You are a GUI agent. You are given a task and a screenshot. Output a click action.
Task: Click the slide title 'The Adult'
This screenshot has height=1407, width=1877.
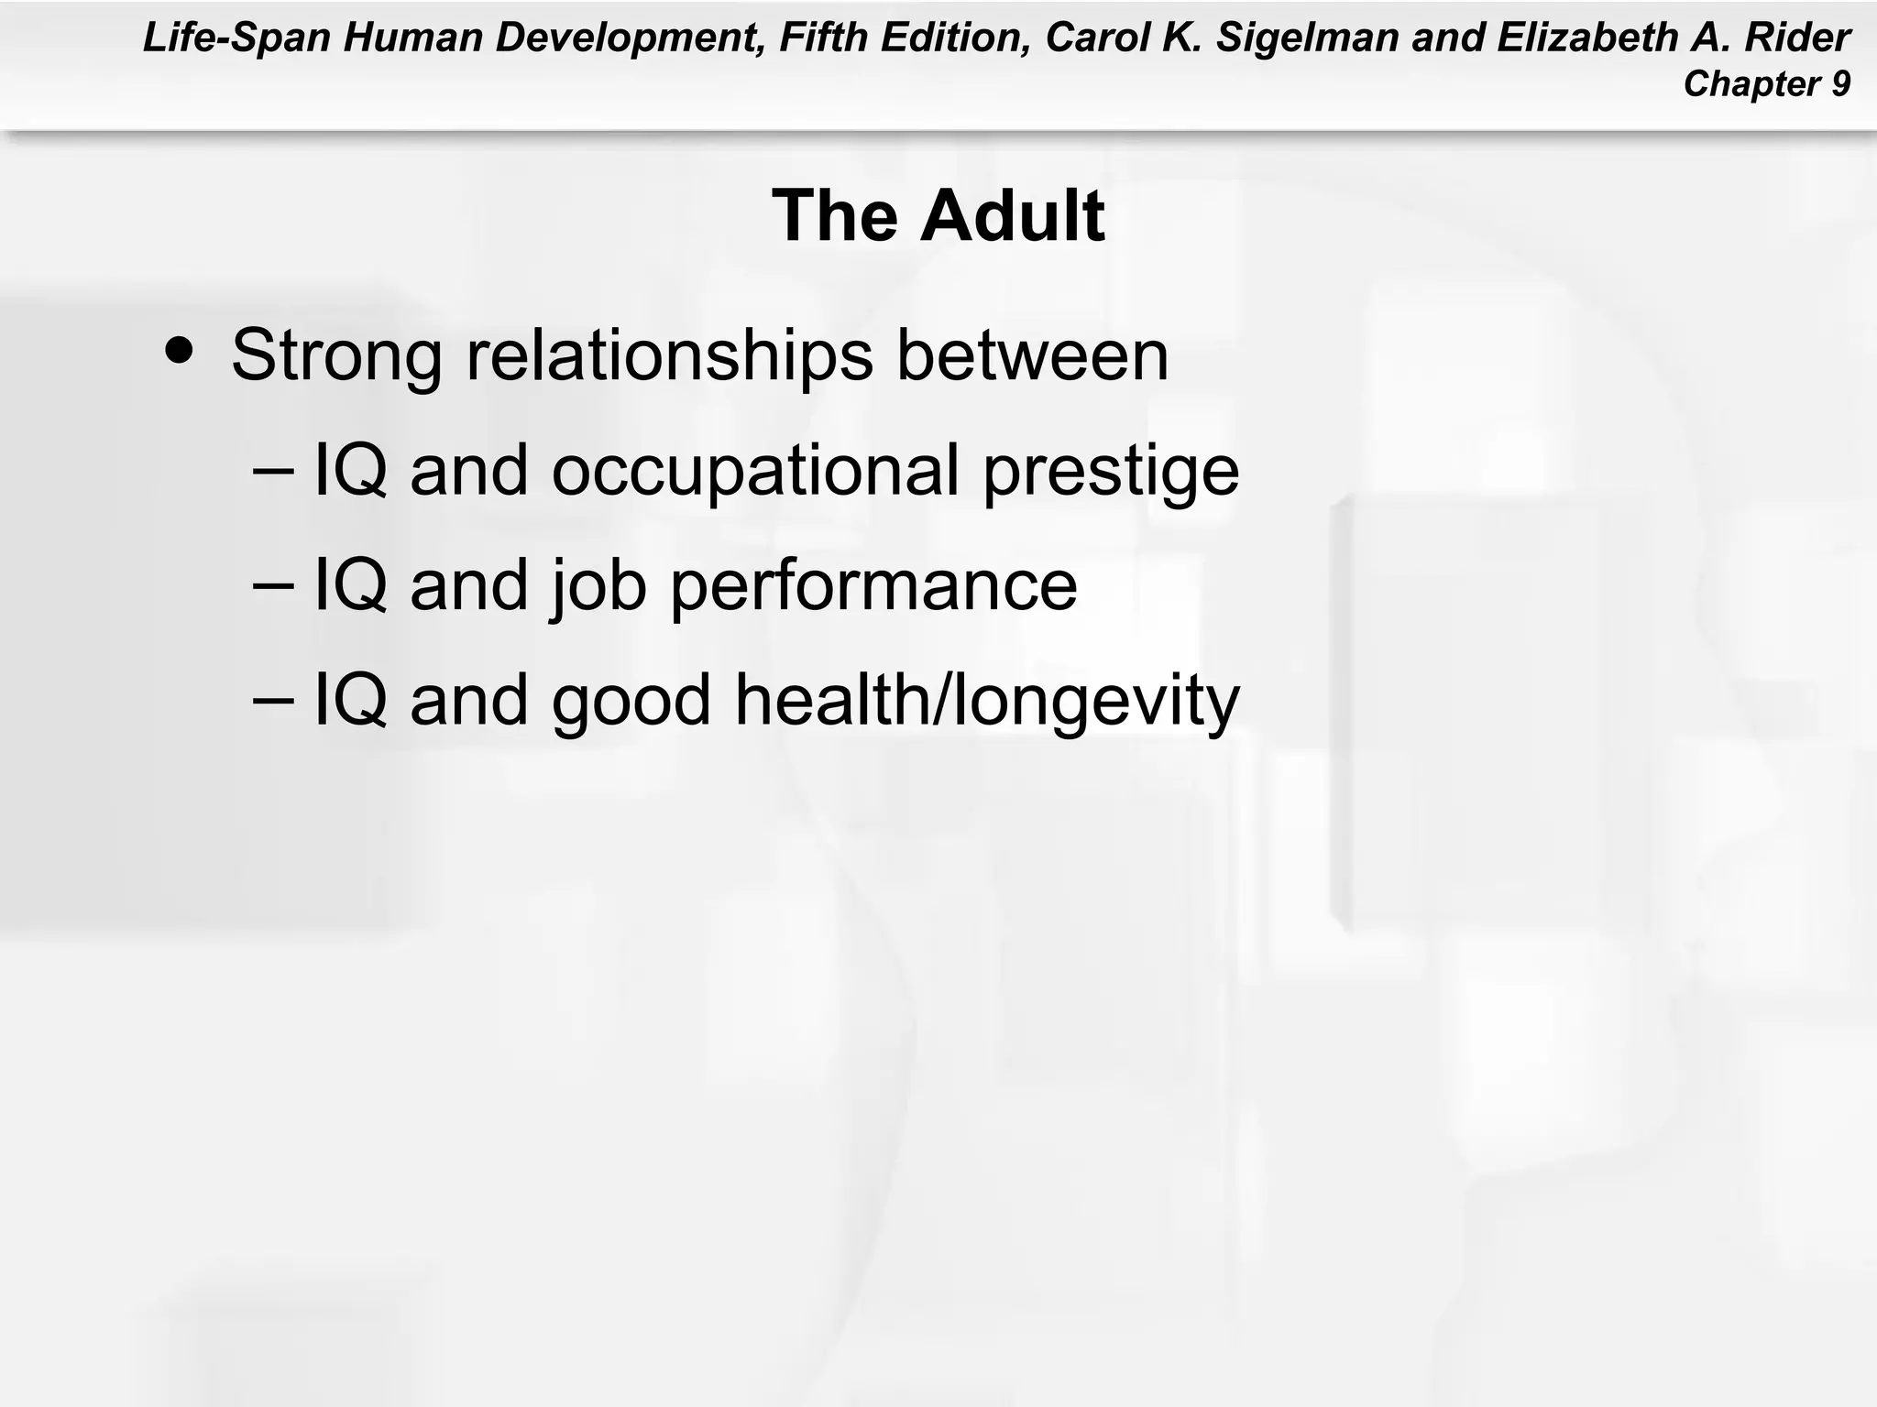pos(938,216)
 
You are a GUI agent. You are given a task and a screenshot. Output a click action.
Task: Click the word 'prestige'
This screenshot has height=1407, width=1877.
pos(1110,471)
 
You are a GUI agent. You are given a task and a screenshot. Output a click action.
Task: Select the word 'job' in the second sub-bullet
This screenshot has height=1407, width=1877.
pos(598,586)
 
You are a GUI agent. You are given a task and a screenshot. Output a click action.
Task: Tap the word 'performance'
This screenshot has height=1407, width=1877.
pos(873,586)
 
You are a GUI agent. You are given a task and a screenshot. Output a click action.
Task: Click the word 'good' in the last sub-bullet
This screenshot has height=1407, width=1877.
pos(631,701)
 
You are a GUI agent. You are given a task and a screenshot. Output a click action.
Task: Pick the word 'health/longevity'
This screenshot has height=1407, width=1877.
pos(986,701)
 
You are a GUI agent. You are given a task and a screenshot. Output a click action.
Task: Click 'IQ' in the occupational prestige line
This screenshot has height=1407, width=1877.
pos(350,471)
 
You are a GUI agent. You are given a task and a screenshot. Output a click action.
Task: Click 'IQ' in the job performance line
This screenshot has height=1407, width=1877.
pos(350,586)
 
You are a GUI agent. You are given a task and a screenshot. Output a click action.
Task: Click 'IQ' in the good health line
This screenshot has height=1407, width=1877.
pos(350,701)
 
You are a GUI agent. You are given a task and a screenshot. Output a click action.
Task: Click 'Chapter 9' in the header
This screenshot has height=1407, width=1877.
pos(1766,84)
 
